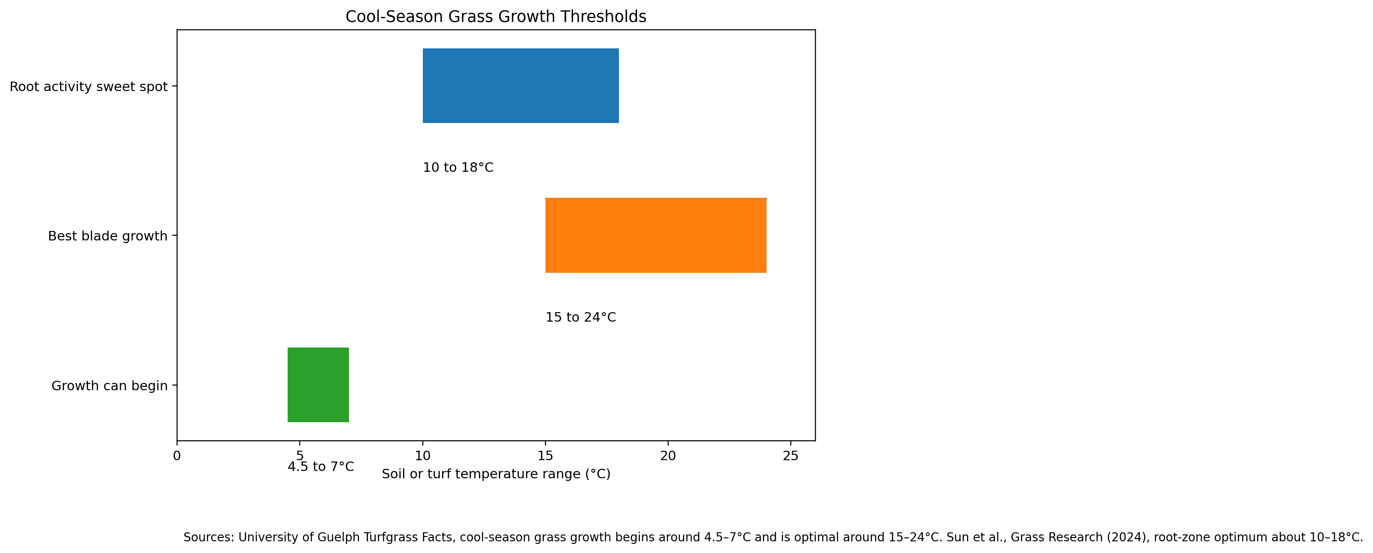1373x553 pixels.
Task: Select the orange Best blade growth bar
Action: [x=656, y=235]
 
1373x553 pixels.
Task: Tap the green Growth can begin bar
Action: [x=318, y=385]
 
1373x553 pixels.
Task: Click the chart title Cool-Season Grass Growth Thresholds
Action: [x=496, y=16]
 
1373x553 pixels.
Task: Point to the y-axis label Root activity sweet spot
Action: [x=89, y=86]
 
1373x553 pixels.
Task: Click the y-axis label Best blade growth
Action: [x=108, y=236]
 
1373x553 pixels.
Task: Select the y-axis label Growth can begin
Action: [x=109, y=386]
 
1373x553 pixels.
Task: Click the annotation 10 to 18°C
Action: [x=458, y=168]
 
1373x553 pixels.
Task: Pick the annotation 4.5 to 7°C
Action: [x=321, y=467]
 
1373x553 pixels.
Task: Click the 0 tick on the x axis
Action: [x=177, y=456]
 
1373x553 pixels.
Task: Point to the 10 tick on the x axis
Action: [x=423, y=456]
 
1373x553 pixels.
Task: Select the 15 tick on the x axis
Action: [x=545, y=456]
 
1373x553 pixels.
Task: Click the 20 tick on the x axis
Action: [x=668, y=456]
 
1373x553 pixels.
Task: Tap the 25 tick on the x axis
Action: [x=790, y=456]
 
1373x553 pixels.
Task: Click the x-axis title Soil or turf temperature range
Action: [x=496, y=474]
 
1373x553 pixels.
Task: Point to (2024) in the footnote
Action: [x=1129, y=537]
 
